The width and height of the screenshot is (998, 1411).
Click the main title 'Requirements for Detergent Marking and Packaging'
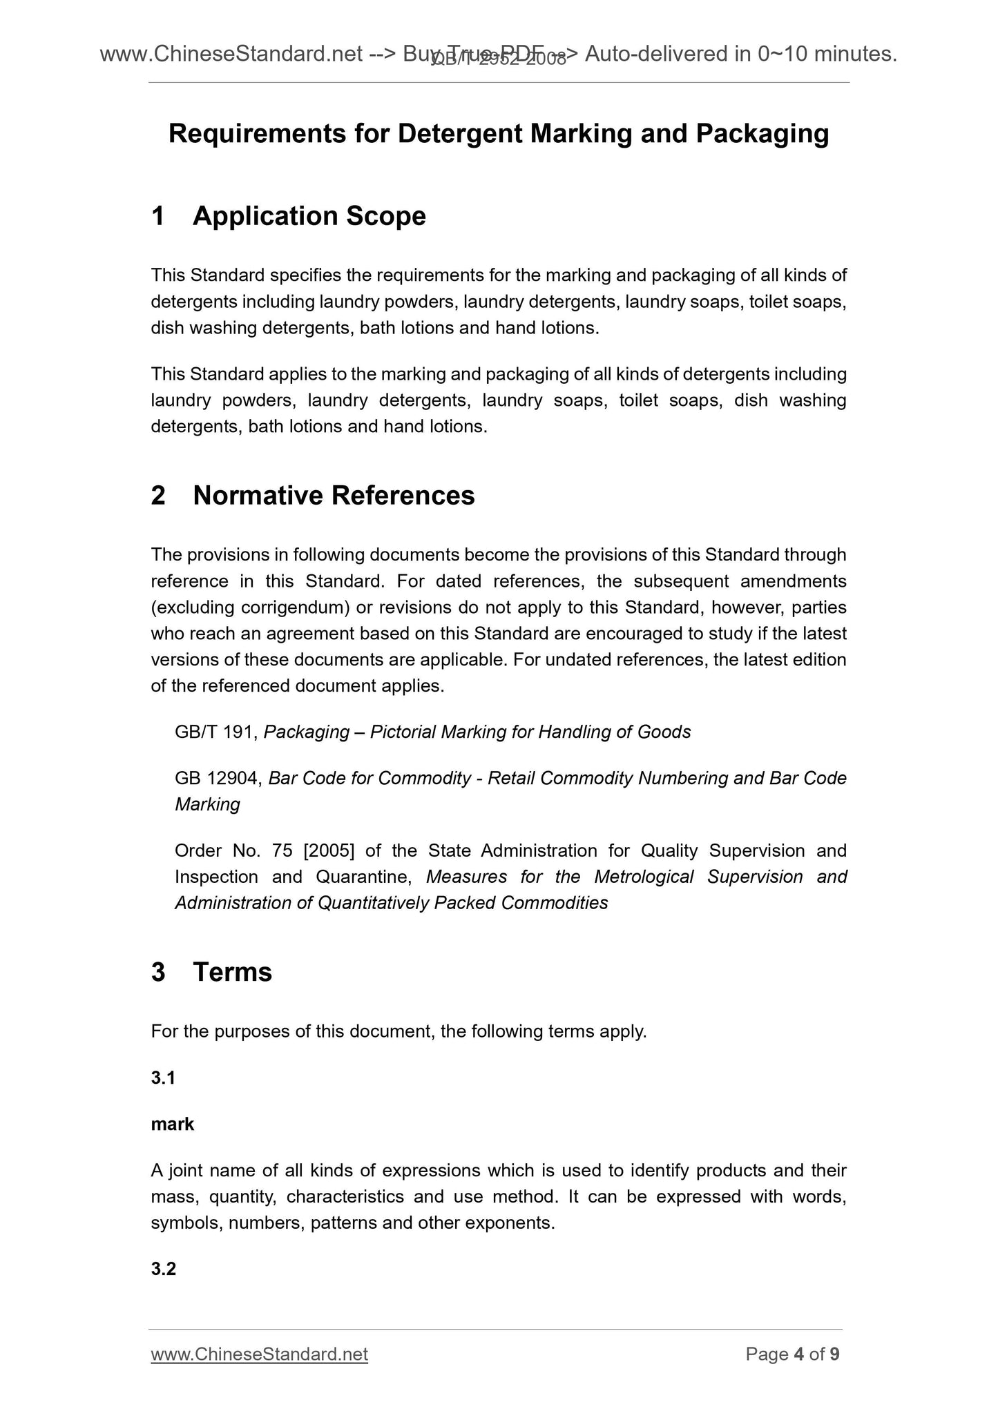[x=499, y=134]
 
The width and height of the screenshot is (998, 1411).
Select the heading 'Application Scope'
[x=309, y=216]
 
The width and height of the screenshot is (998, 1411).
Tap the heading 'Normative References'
[x=334, y=496]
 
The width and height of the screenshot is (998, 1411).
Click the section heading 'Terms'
[x=232, y=972]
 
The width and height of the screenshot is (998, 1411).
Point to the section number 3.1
[x=163, y=1078]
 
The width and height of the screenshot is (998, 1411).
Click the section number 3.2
[x=163, y=1269]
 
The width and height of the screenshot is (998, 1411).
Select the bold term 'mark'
[x=173, y=1125]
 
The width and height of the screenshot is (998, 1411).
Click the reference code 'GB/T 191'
[x=215, y=732]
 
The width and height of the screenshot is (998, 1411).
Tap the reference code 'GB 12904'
[x=218, y=779]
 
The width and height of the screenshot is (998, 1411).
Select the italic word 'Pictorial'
[x=402, y=732]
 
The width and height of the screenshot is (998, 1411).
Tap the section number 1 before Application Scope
[x=158, y=216]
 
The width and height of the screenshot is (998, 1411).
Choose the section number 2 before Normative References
[x=158, y=496]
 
